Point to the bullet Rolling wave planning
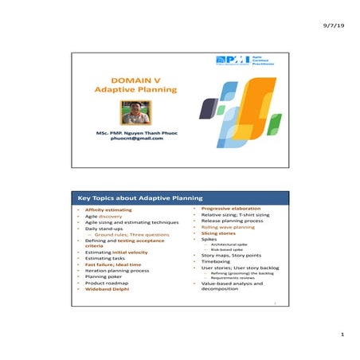tap(231, 227)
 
